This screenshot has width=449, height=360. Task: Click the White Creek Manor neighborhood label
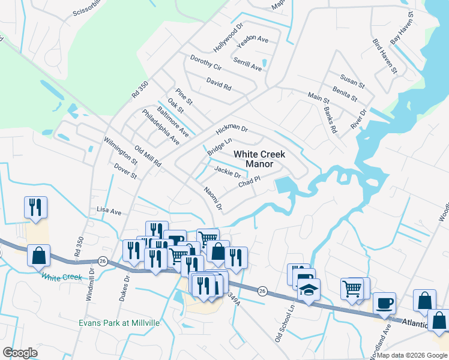coord(259,159)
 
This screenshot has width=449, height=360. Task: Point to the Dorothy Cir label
coord(206,62)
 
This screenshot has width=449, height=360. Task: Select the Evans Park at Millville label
coord(119,323)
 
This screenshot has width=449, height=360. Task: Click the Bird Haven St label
coord(385,57)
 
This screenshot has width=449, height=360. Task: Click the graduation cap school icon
coord(309,290)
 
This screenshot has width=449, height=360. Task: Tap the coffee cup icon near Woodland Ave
coord(384,304)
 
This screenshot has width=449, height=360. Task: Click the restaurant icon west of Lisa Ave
coord(35,208)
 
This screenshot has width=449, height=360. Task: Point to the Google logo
coord(20,353)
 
